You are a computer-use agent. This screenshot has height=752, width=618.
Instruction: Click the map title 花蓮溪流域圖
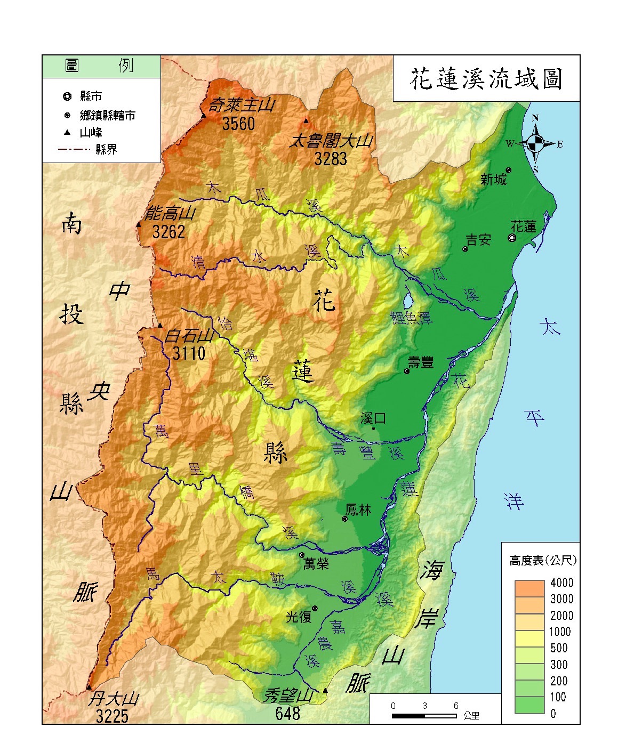486,79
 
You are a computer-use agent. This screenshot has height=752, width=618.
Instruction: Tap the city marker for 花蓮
512,238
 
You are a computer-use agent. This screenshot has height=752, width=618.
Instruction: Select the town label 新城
493,180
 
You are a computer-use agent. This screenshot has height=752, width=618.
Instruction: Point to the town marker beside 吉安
465,249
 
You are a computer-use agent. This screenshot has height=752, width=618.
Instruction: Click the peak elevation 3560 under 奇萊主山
238,124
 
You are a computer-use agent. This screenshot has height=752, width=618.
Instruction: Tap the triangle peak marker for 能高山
139,225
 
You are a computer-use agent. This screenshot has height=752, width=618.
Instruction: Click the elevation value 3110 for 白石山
189,353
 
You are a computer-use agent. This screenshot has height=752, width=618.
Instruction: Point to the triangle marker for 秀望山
325,691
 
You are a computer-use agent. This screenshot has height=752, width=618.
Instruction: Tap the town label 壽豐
421,363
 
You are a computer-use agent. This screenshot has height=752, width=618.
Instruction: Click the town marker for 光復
315,609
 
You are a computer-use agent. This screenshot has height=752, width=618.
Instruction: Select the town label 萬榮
316,563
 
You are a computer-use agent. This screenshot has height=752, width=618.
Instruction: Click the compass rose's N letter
535,118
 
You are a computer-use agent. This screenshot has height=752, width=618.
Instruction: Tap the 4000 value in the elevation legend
561,583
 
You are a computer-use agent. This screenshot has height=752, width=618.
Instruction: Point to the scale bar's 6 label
455,706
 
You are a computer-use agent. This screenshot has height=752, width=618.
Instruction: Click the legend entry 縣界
106,149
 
